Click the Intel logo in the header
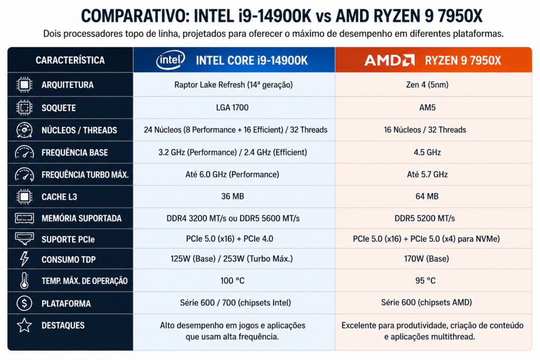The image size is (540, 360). (x=170, y=60)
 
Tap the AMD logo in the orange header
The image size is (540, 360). (x=390, y=60)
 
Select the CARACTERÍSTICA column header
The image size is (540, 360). (x=70, y=60)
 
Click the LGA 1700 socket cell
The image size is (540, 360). (x=232, y=108)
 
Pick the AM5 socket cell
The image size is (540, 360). (x=427, y=108)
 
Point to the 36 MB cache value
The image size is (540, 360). (x=233, y=196)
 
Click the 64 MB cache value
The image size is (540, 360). (x=427, y=196)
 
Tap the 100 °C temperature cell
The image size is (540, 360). (x=233, y=280)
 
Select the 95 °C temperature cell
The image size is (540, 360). (x=426, y=280)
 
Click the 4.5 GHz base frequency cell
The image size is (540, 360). (x=427, y=152)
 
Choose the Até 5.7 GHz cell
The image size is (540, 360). (x=427, y=174)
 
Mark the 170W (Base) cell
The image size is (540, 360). (x=426, y=258)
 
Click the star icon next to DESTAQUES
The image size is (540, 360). (x=24, y=325)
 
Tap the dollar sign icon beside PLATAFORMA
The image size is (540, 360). (x=24, y=303)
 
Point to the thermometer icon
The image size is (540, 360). (x=24, y=280)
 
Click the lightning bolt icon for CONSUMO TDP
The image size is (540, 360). (x=24, y=259)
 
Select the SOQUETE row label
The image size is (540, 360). (x=59, y=108)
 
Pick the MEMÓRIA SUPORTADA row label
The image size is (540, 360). (x=82, y=218)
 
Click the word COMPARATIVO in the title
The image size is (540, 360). (x=136, y=16)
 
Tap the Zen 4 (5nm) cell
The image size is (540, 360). (x=427, y=85)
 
